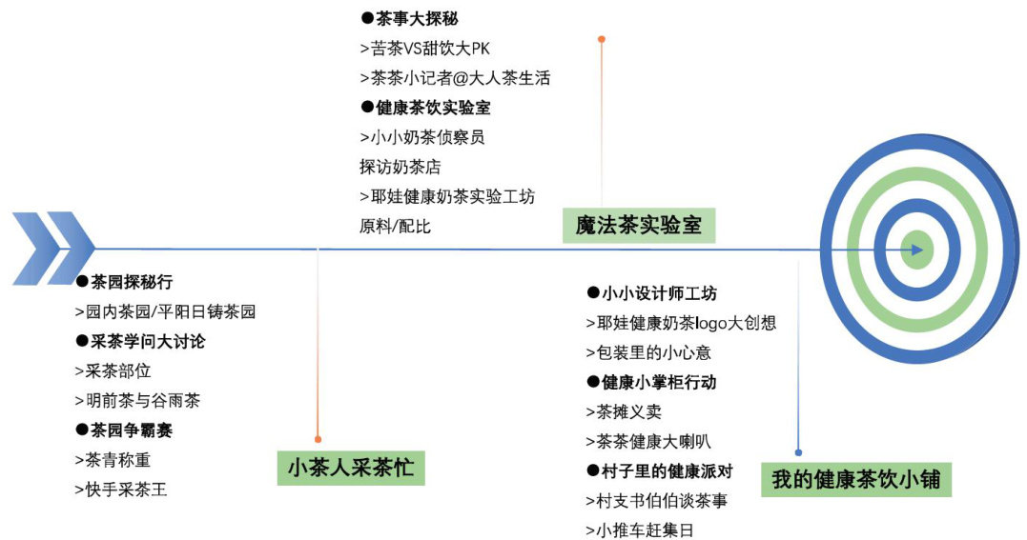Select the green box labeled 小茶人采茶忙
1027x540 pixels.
(x=351, y=467)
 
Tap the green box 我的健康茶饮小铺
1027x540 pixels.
(x=856, y=479)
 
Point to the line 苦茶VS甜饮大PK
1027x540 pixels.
(x=424, y=49)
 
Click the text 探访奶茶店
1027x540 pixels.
(x=400, y=167)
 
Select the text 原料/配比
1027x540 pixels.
(x=395, y=227)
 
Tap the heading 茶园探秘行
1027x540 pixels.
(x=130, y=282)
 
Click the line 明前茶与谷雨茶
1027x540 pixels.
(x=137, y=401)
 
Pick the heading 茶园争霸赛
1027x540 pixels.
(x=130, y=430)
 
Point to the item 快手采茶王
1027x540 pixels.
(x=120, y=490)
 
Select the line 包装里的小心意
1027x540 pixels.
(x=648, y=352)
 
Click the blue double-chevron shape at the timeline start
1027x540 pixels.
(x=53, y=249)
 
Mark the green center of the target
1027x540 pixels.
(x=914, y=250)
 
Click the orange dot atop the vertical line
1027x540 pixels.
(x=601, y=39)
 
